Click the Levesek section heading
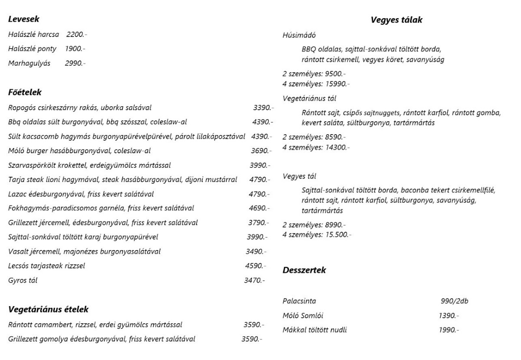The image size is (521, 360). pos(24,19)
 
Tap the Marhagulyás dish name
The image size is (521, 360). pos(29,63)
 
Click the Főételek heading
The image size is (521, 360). pos(25,92)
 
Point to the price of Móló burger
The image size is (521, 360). pos(261,151)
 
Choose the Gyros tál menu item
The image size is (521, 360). pos(23,280)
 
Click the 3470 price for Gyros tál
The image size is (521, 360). pos(254,280)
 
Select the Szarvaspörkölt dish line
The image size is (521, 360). pos(89,165)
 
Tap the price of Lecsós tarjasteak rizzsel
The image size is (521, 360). pos(255,266)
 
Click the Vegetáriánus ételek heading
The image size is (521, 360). pos(49,310)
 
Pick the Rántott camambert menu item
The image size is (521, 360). pos(95,324)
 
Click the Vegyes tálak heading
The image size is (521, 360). pos(396,20)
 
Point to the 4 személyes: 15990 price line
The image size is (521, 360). pos(316,83)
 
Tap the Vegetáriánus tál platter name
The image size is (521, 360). pos(309,98)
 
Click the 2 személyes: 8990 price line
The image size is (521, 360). pos(314,225)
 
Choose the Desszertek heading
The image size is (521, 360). pos(304,270)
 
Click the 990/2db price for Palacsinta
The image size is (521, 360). pos(455,301)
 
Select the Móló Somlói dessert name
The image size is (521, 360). pos(303,315)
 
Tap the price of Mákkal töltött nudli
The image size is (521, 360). pos(448,330)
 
